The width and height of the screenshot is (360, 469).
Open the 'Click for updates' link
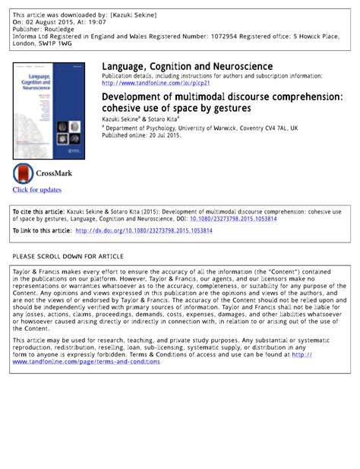point(36,189)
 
